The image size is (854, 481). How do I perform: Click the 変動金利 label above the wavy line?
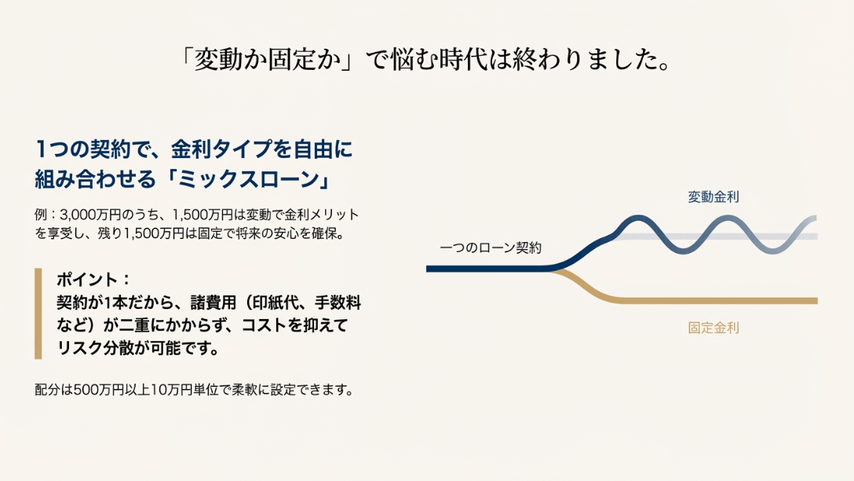713,196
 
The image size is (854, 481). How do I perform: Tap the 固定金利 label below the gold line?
713,328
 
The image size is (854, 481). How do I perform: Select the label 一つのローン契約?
490,248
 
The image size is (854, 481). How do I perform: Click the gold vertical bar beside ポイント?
38,314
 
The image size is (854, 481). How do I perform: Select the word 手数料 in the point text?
338,303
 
